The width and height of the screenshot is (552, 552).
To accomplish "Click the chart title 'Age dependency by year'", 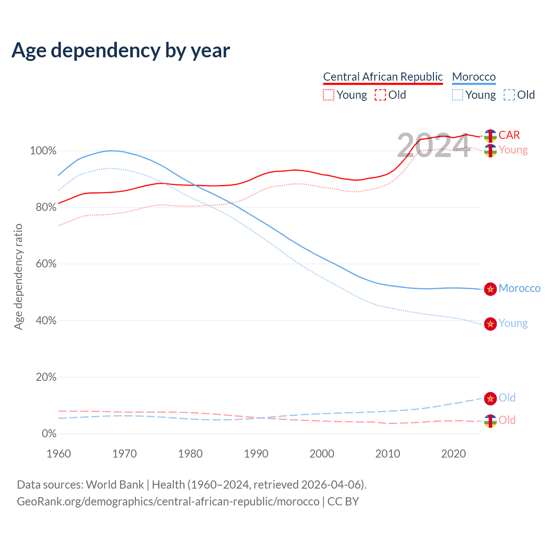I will tap(121, 50).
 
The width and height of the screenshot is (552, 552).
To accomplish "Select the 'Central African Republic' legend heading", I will tap(383, 77).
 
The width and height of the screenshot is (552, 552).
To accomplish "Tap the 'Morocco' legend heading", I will tap(474, 77).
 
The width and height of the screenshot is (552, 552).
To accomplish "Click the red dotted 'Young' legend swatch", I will tap(329, 95).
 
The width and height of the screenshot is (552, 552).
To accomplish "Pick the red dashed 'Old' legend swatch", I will tap(380, 95).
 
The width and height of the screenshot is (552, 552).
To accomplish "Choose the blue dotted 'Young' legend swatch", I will tap(458, 95).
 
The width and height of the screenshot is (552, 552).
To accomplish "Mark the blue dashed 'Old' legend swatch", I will tap(509, 95).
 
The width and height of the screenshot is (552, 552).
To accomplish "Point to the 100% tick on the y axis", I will tap(43, 151).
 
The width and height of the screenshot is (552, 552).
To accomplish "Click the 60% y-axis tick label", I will tap(46, 264).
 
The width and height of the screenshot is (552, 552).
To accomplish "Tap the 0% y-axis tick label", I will tap(49, 433).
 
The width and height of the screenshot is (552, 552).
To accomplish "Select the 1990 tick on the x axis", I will tap(256, 454).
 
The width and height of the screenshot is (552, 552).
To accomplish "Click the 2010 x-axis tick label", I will tap(388, 454).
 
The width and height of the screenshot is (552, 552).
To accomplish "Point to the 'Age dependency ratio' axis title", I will tap(18, 276).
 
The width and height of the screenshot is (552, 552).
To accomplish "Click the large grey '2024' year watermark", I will tap(433, 146).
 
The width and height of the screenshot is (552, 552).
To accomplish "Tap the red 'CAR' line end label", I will tap(509, 135).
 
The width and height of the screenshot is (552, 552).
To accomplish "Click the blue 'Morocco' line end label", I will tap(519, 289).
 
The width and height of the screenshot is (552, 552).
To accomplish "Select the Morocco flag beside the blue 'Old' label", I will tap(490, 398).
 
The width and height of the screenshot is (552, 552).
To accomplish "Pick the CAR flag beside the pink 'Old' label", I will tap(490, 421).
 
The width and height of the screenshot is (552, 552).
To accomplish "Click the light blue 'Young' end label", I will tap(513, 323).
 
